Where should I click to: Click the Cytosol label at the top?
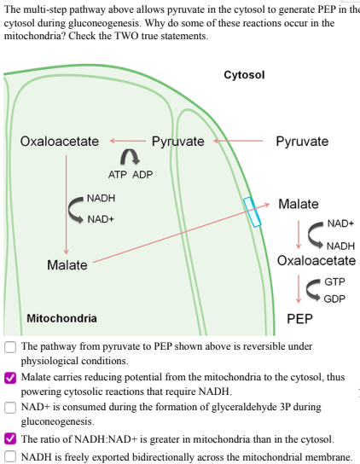[244, 75]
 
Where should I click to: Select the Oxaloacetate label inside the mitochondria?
[59, 141]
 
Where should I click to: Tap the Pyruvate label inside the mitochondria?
[177, 141]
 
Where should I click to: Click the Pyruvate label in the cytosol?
[302, 141]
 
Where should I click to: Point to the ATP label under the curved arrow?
[118, 174]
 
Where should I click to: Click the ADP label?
[142, 174]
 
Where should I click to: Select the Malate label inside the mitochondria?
[67, 264]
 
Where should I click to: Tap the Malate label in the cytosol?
[298, 204]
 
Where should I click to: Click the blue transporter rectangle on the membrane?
[252, 212]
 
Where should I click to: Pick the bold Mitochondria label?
[61, 319]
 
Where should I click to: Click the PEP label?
[299, 319]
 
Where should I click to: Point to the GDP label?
[334, 299]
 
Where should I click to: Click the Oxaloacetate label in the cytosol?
[316, 260]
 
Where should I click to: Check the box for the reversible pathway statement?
[9, 347]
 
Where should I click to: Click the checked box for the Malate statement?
[9, 376]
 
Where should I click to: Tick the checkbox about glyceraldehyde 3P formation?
[9, 407]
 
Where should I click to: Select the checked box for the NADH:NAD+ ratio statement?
[9, 438]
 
